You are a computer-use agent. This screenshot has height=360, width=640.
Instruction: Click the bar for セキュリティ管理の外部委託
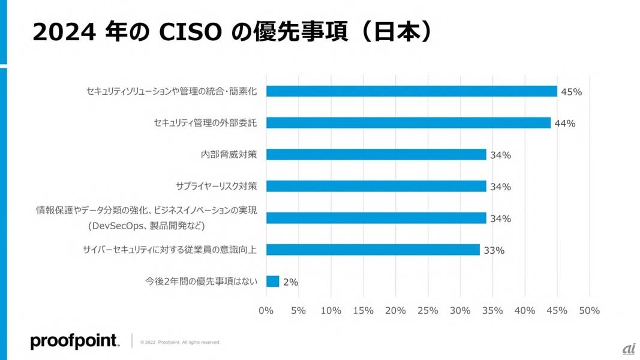pyautogui.click(x=408, y=122)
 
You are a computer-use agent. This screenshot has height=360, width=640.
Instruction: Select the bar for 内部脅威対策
pyautogui.click(x=375, y=154)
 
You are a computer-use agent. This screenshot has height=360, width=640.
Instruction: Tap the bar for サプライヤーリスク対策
pyautogui.click(x=375, y=186)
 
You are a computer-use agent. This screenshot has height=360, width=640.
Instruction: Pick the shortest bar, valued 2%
pyautogui.click(x=272, y=281)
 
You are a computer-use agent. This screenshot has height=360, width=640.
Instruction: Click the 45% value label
pyautogui.click(x=572, y=92)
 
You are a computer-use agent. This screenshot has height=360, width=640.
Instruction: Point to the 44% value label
pyautogui.click(x=565, y=124)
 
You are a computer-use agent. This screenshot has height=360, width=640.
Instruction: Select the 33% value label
pyautogui.click(x=494, y=251)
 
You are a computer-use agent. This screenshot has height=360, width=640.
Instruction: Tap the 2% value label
pyautogui.click(x=290, y=282)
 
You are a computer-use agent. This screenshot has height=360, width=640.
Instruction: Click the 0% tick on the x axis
pyautogui.click(x=266, y=310)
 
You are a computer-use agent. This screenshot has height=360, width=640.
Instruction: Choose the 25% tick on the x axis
pyautogui.click(x=428, y=310)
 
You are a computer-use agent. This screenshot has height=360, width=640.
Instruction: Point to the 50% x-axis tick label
pyautogui.click(x=589, y=310)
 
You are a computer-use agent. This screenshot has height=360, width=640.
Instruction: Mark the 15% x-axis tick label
pyautogui.click(x=363, y=310)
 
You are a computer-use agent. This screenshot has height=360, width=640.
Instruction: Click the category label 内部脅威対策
pyautogui.click(x=229, y=154)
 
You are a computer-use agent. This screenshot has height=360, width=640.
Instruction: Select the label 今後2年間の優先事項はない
pyautogui.click(x=201, y=281)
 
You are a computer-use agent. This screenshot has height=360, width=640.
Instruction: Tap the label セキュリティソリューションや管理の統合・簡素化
pyautogui.click(x=172, y=91)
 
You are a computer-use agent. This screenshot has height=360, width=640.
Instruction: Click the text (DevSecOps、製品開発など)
pyautogui.click(x=146, y=226)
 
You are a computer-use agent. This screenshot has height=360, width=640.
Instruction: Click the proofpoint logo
pyautogui.click(x=74, y=341)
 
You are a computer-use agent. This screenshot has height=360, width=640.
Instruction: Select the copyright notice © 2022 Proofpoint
pyautogui.click(x=180, y=343)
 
